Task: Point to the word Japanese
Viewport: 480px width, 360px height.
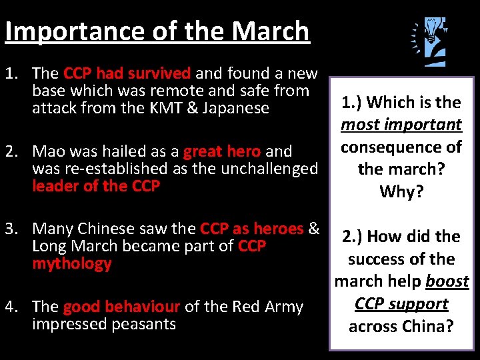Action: coord(239,108)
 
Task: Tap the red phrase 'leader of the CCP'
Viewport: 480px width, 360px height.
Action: coord(96,186)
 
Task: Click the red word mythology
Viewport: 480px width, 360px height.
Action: coord(71,264)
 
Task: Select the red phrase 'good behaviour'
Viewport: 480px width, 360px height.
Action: coord(121,307)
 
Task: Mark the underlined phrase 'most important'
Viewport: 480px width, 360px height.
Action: coord(401,125)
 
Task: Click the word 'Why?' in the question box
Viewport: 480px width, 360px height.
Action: coord(401,192)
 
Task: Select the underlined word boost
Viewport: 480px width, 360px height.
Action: coord(447,281)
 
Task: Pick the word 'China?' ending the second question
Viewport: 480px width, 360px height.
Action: coord(429,327)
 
